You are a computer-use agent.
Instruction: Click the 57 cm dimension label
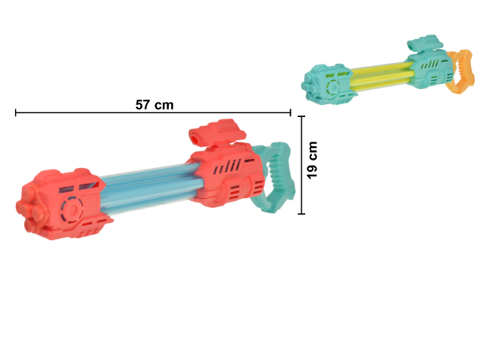pos(154,105)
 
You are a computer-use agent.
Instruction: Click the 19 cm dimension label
pos(312,160)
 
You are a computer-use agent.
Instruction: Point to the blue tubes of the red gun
pos(151,188)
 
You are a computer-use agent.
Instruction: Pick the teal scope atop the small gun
pos(425,43)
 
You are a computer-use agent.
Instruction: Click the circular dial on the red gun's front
pos(72,210)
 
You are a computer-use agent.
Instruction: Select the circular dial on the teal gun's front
pos(333,87)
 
